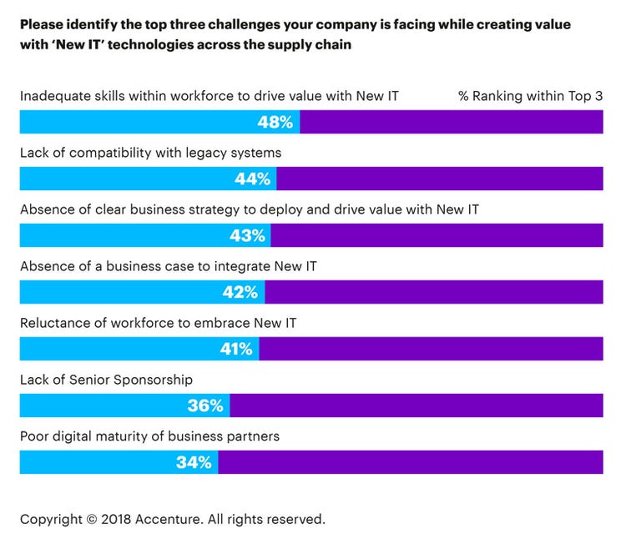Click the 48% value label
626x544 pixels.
[x=275, y=123]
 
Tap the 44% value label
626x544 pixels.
[x=252, y=179]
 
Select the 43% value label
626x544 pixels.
[x=247, y=236]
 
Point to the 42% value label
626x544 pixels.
[x=240, y=292]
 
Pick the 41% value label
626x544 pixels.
[x=235, y=349]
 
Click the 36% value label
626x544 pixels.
[x=205, y=405]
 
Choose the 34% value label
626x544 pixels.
[x=194, y=462]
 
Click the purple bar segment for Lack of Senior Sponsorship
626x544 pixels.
[x=416, y=405]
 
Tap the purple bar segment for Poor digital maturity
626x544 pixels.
[x=410, y=462]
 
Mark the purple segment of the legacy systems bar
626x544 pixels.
[x=439, y=179]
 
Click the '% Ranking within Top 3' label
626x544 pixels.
[x=530, y=96]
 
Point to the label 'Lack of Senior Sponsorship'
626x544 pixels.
[x=106, y=380]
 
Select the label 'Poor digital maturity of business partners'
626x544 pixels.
[x=149, y=436]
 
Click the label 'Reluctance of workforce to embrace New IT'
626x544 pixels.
[x=158, y=323]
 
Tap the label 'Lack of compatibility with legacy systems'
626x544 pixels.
[x=150, y=153]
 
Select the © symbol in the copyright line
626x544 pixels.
[x=91, y=519]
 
